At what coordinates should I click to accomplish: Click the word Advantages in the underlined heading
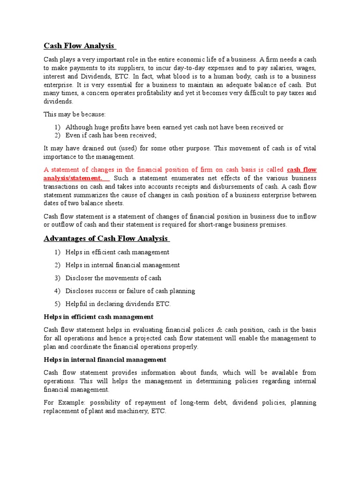click(x=63, y=238)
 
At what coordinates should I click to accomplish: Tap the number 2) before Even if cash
click(x=58, y=135)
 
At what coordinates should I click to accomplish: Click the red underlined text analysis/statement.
click(x=73, y=178)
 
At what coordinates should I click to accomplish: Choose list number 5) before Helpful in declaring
click(x=58, y=304)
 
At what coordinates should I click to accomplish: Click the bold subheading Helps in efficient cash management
click(x=98, y=317)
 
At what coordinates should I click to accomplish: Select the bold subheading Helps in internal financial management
click(x=105, y=360)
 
